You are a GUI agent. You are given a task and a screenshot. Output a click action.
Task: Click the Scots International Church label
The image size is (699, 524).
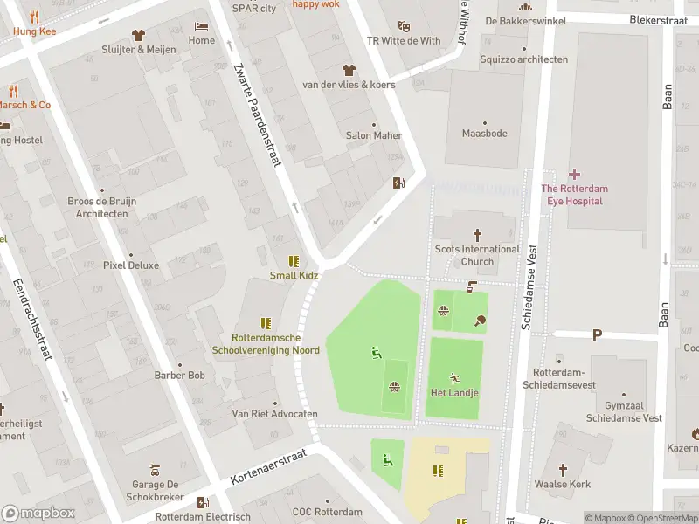(477, 255)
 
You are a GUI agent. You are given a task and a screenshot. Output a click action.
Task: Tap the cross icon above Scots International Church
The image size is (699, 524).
(477, 234)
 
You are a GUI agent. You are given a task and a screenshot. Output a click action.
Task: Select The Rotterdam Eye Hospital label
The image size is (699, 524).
(574, 195)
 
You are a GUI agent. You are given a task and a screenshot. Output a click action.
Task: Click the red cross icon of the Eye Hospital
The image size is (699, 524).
(574, 174)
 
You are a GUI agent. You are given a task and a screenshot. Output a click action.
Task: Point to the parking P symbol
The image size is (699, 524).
(598, 334)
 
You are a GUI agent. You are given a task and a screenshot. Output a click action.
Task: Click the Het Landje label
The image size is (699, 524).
(454, 392)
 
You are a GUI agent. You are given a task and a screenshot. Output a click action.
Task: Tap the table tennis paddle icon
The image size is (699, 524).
(480, 321)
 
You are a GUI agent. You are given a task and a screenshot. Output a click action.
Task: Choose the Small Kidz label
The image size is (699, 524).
(294, 276)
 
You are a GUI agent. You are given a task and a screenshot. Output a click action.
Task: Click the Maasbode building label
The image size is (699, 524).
(484, 134)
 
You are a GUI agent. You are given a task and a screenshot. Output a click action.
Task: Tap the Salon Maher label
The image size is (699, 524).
(374, 135)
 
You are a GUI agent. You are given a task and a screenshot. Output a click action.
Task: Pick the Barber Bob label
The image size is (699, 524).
(179, 376)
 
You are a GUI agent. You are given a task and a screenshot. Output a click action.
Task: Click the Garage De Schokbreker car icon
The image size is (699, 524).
(154, 466)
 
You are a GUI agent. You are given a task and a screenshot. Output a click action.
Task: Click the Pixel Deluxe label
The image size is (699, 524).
(131, 265)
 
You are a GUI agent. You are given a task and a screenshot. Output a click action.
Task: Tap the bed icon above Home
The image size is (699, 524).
(202, 26)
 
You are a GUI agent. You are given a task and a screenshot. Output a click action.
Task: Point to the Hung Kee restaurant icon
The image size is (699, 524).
(34, 17)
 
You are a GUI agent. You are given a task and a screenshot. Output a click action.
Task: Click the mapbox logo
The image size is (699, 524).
(39, 514)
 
